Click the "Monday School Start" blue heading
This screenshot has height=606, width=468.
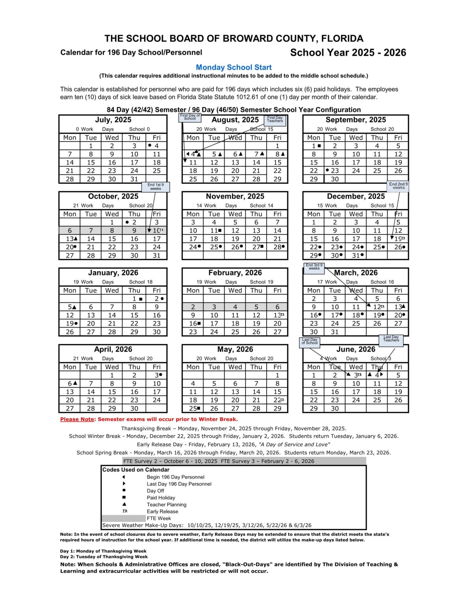pos(234,67)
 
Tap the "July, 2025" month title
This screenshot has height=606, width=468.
pos(113,120)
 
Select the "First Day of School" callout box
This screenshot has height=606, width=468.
pos(190,117)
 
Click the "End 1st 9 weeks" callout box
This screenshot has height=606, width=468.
pos(156,187)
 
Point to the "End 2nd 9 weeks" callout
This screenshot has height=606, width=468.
pos(398,186)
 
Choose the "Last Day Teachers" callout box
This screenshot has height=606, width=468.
pos(391,339)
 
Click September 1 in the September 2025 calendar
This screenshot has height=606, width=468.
pos(314,146)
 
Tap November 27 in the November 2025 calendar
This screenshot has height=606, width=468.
pos(257,247)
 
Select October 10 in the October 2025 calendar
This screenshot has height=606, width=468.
pos(157,230)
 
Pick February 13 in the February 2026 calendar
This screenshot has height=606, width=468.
pos(278,315)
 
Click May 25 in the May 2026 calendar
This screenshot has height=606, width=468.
pos(193,408)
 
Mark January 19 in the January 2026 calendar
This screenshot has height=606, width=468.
pos(70,324)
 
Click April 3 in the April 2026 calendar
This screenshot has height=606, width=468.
pos(157,375)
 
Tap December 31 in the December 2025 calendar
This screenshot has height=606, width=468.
pos(356,255)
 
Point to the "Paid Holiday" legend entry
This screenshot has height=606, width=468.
pos(161,498)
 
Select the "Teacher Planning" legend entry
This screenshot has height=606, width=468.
pos(166,505)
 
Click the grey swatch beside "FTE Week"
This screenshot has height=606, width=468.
pos(123,518)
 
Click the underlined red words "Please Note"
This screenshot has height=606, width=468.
pos(77,419)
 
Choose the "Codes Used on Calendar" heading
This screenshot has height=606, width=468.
pos(136,470)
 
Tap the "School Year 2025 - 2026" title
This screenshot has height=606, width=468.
pos(348,52)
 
